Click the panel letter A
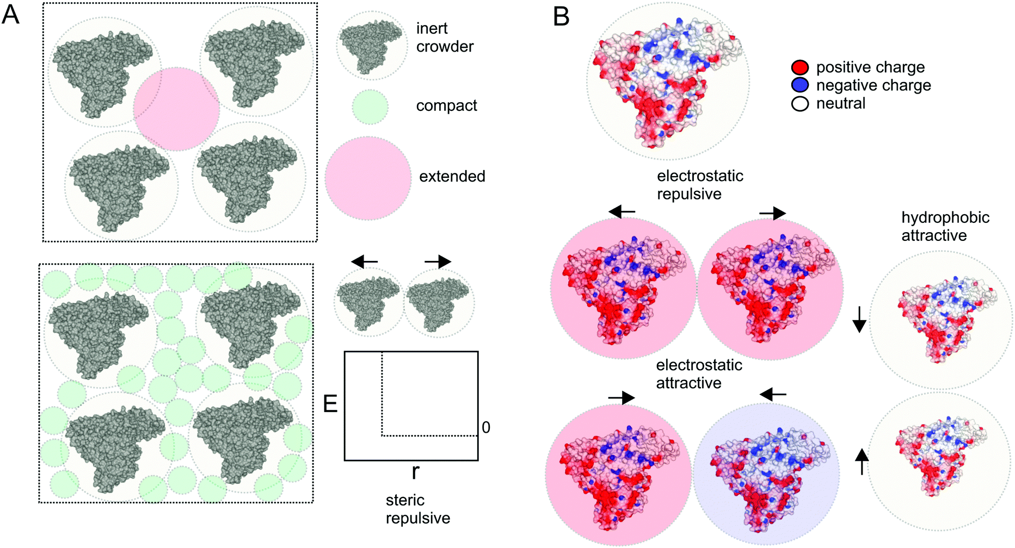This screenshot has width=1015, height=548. (x=11, y=15)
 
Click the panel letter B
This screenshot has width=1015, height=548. (x=561, y=16)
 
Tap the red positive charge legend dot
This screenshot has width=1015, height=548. (x=799, y=67)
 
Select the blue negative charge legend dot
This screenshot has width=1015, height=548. (x=799, y=85)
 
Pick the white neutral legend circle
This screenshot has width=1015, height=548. (x=799, y=103)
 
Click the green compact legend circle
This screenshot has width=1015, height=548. (x=370, y=107)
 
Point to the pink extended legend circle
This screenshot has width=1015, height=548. (x=368, y=178)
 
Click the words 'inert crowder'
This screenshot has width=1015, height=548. (x=445, y=38)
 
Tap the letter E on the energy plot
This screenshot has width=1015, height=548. (x=330, y=404)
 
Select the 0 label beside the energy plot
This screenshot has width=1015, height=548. (x=486, y=428)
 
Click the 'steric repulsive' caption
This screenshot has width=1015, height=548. (x=417, y=509)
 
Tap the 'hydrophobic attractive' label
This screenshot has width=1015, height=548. (x=945, y=226)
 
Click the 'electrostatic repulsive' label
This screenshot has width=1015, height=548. (x=700, y=185)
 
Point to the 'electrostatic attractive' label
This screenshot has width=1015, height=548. (x=699, y=374)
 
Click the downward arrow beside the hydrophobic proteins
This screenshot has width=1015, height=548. (x=859, y=319)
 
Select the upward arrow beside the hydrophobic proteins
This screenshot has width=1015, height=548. (x=862, y=460)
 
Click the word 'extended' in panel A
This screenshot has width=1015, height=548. (x=452, y=176)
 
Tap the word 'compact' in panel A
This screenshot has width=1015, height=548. (x=446, y=105)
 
